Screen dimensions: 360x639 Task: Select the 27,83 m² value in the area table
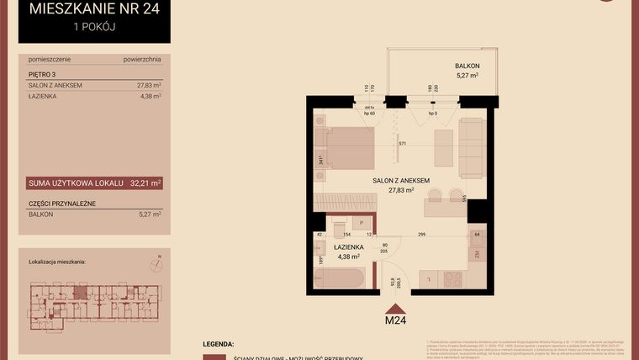point(148,85)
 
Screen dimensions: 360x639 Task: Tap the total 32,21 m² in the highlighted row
point(145,182)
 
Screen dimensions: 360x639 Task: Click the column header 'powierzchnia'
point(141,61)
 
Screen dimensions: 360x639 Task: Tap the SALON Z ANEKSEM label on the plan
point(402,180)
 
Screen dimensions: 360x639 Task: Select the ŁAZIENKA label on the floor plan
point(347,247)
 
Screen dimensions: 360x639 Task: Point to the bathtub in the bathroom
point(345,278)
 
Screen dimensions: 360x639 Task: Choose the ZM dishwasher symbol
point(476,253)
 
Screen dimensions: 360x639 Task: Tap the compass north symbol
point(155,265)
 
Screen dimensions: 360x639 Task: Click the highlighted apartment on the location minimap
point(81,291)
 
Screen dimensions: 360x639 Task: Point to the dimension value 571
point(402,144)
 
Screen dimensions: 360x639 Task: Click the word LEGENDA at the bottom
point(219,345)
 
